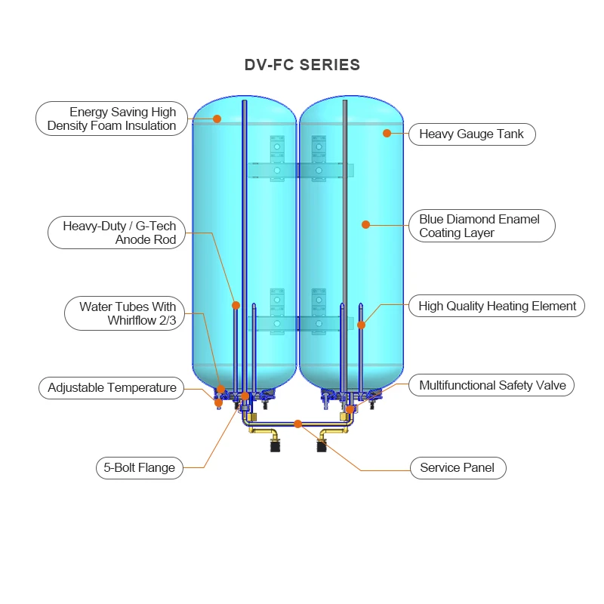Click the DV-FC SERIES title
302,65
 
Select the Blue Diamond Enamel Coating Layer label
479,226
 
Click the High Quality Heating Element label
497,306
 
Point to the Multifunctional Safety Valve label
492,385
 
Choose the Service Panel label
457,467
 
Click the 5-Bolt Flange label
140,467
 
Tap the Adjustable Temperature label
112,388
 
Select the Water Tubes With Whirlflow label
124,313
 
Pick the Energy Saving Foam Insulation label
112,119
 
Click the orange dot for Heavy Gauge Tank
387,133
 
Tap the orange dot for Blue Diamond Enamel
365,224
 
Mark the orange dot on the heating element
361,325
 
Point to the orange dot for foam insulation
217,119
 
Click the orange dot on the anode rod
236,306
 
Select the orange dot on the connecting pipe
297,424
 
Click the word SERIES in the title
330,65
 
